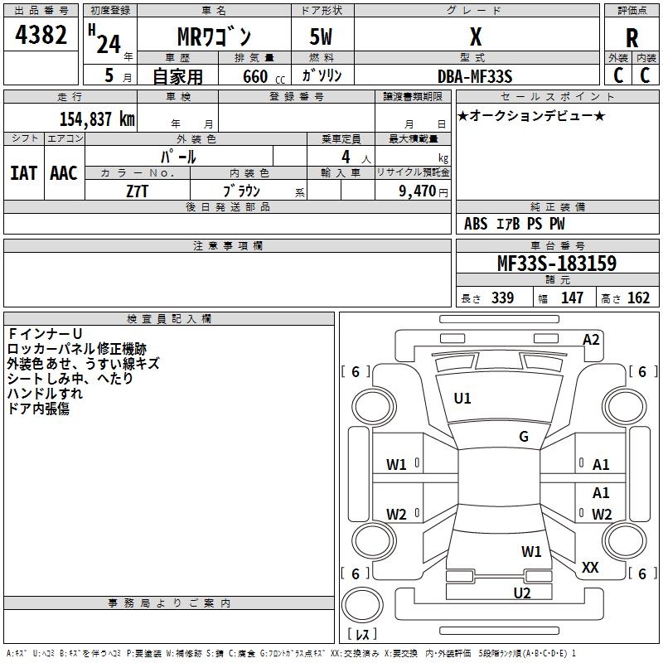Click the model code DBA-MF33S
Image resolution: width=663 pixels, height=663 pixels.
(x=475, y=75)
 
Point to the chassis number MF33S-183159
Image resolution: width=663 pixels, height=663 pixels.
(x=556, y=264)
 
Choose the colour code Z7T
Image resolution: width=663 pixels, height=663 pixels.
(x=138, y=190)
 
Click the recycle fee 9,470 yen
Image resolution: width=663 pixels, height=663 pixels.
(x=416, y=191)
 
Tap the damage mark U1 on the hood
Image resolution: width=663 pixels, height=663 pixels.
(x=462, y=399)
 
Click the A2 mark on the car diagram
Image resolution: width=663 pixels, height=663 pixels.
(x=591, y=339)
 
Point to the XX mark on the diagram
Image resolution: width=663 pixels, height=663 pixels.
(x=590, y=568)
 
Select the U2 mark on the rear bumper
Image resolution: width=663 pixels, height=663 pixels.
(x=521, y=593)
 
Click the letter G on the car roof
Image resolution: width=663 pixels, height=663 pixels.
(x=524, y=437)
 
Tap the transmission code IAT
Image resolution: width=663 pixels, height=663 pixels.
(x=23, y=172)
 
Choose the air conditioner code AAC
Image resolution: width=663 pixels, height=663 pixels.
(x=64, y=172)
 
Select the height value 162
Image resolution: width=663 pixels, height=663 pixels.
(x=638, y=298)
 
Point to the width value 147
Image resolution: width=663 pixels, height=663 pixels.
(x=572, y=298)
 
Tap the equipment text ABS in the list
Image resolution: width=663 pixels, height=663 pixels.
(x=476, y=223)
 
